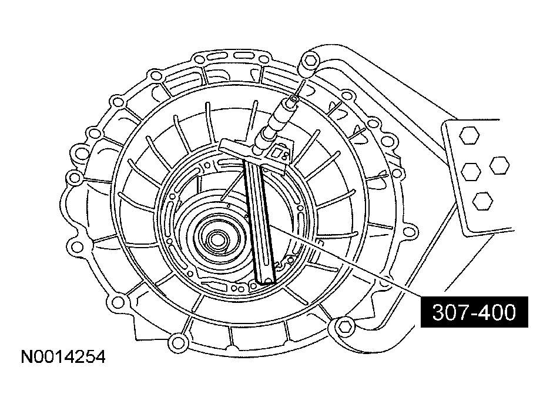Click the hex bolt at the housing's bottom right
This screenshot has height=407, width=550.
pos(346,328)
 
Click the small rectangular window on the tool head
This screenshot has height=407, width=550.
pos(280,154)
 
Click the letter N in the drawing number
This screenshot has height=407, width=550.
pos(26,357)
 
